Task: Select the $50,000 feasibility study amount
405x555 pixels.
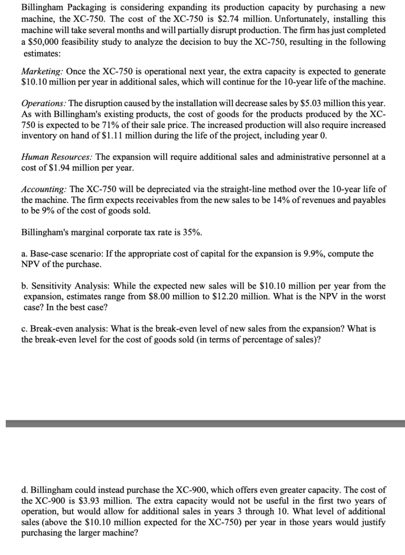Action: pyautogui.click(x=40, y=42)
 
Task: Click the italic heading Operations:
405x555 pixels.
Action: pyautogui.click(x=44, y=103)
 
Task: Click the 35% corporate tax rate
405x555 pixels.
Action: pyautogui.click(x=193, y=232)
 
